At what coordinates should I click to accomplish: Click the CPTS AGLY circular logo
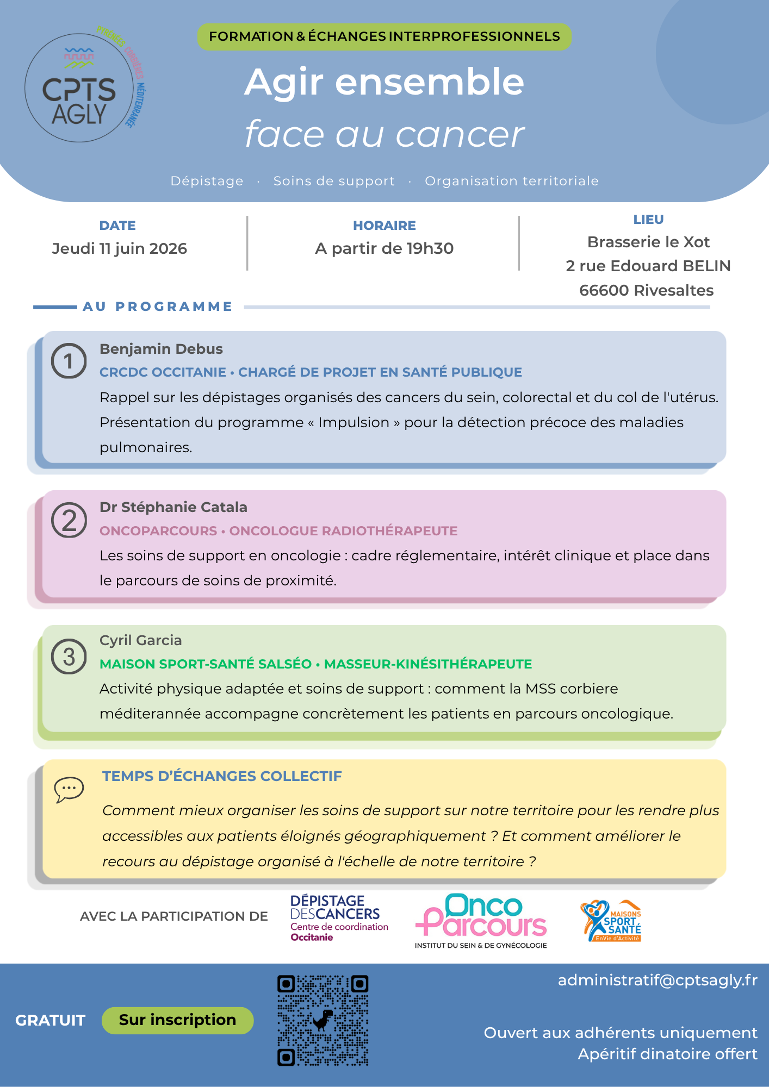(x=79, y=88)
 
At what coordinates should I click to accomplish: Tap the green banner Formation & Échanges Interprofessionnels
(x=384, y=37)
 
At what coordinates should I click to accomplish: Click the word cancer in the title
(x=460, y=134)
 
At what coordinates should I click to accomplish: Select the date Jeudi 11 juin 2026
(x=119, y=248)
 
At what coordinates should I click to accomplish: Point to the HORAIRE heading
(x=384, y=226)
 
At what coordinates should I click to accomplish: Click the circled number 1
(x=69, y=361)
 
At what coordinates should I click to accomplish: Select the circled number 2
(x=69, y=520)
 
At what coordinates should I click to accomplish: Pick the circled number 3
(x=69, y=657)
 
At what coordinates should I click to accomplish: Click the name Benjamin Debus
(x=161, y=349)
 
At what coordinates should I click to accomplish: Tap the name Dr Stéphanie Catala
(x=173, y=507)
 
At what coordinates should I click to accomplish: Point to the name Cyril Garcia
(x=140, y=640)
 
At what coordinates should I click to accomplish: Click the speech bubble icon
(x=69, y=789)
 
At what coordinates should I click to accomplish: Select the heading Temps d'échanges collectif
(x=222, y=776)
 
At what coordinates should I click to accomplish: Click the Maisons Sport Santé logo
(x=611, y=921)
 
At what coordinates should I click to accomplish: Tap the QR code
(x=323, y=1020)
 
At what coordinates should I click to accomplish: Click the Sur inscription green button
(x=177, y=1020)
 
